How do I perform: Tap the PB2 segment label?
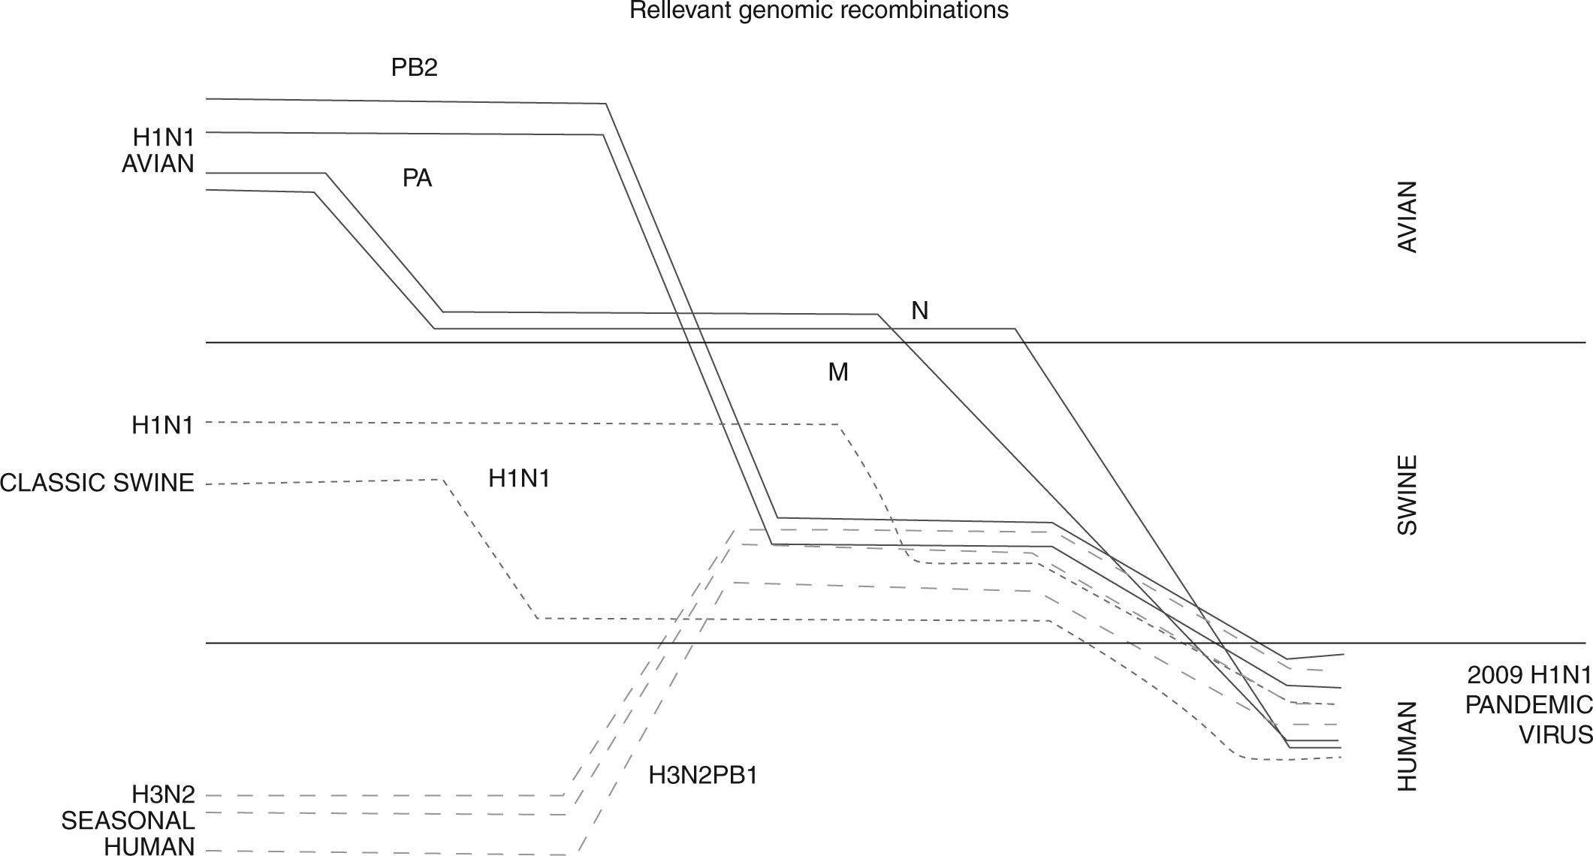click(x=414, y=68)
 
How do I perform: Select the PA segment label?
click(x=417, y=179)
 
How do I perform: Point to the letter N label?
click(x=919, y=311)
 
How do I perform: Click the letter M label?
click(x=838, y=372)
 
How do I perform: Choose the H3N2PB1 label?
click(x=703, y=775)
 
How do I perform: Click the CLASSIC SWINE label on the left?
click(x=97, y=482)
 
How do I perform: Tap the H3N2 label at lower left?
click(x=163, y=794)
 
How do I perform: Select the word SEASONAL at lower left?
click(x=128, y=820)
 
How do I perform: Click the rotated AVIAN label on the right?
click(x=1407, y=217)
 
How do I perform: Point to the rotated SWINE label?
click(x=1407, y=495)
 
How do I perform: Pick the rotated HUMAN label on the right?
click(x=1407, y=746)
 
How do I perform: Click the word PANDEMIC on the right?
click(x=1528, y=705)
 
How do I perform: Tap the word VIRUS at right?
click(x=1555, y=734)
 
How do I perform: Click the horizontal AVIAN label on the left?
click(x=158, y=164)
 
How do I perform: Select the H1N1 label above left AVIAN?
click(x=163, y=137)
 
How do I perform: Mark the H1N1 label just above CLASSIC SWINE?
click(x=162, y=425)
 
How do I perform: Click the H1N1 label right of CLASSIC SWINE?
click(x=519, y=478)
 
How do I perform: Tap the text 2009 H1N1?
click(x=1528, y=676)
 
